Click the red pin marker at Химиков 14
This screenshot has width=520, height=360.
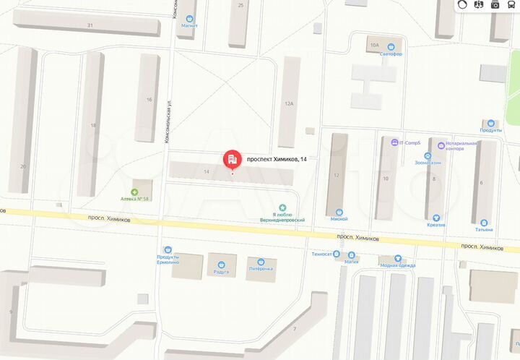coord(232,158)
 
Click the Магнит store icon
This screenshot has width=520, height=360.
coord(190,19)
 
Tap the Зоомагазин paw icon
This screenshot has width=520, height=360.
coord(428,155)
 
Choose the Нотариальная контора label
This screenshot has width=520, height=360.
coord(461,146)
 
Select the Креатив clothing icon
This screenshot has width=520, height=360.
coord(435,217)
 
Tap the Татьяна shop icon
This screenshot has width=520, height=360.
coord(484,223)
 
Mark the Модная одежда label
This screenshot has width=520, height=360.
coord(398,265)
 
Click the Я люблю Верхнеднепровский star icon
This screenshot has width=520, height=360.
coord(283,206)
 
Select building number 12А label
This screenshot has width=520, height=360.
coord(289,103)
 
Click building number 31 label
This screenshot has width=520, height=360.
coord(90,25)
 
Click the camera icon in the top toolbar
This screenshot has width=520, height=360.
coord(495,5)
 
